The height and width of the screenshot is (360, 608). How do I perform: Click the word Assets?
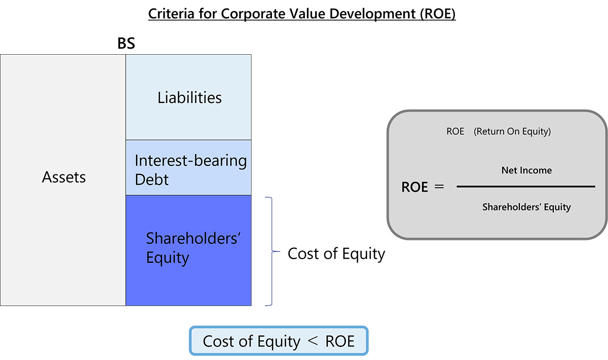pos(64,177)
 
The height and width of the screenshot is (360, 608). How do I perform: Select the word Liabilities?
pos(189,97)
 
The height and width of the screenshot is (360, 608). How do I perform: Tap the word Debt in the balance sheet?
pos(151,179)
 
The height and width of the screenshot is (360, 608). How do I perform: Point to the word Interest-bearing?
pos(191,161)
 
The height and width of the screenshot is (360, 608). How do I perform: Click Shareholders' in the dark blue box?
pos(192,238)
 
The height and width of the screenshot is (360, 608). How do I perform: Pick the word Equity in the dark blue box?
pos(167,258)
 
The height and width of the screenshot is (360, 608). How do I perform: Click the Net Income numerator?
pos(526,170)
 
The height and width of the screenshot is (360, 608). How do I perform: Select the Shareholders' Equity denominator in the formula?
pos(526,207)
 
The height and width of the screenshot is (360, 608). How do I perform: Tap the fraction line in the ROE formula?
pos(526,187)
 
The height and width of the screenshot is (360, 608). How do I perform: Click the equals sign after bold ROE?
pos(439,187)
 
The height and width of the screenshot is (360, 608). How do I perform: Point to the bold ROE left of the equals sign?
pos(414,187)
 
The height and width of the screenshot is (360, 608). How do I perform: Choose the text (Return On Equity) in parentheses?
pos(512,132)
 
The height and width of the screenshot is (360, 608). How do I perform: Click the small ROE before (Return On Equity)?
pos(455,132)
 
